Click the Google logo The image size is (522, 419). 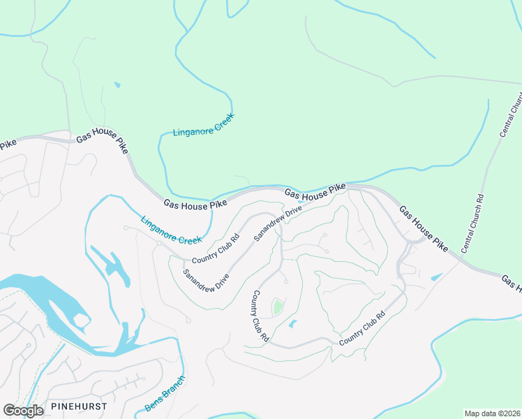pos(23,410)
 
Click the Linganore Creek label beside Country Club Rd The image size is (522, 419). pos(171,230)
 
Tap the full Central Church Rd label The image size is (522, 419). pos(473,224)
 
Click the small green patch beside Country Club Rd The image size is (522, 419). pos(278,307)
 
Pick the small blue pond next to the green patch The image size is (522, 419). pos(292,324)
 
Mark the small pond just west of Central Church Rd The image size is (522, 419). pos(436,277)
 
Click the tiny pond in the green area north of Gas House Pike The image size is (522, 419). pos(117,85)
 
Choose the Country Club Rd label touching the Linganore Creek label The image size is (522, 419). pos(216,250)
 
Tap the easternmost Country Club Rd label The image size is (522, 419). pos(362,328)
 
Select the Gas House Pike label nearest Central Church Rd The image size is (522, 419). pos(423,228)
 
